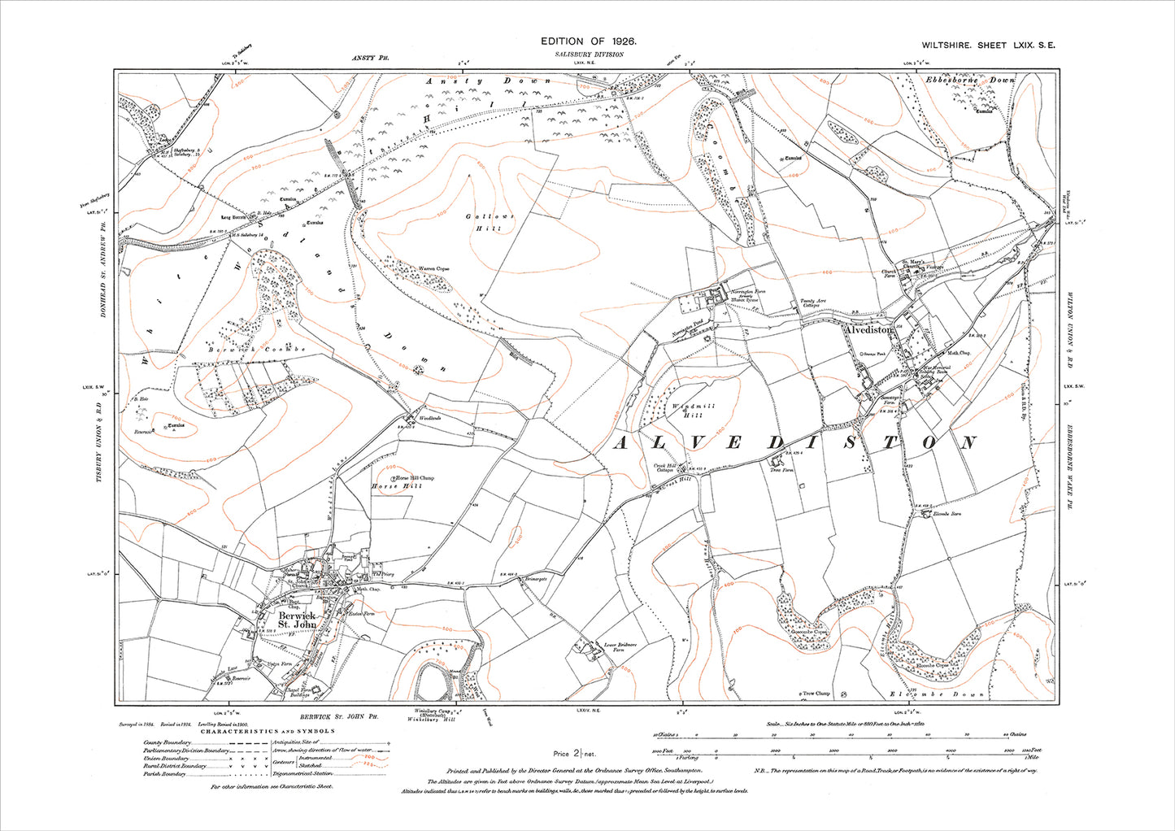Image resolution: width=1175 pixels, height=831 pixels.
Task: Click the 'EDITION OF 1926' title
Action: pos(588,41)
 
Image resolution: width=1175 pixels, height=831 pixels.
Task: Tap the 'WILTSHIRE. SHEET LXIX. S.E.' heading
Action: pos(988,46)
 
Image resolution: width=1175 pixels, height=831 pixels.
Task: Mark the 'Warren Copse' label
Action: pos(433,268)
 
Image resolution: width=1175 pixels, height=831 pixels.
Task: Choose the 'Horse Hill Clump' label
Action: pos(415,478)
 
